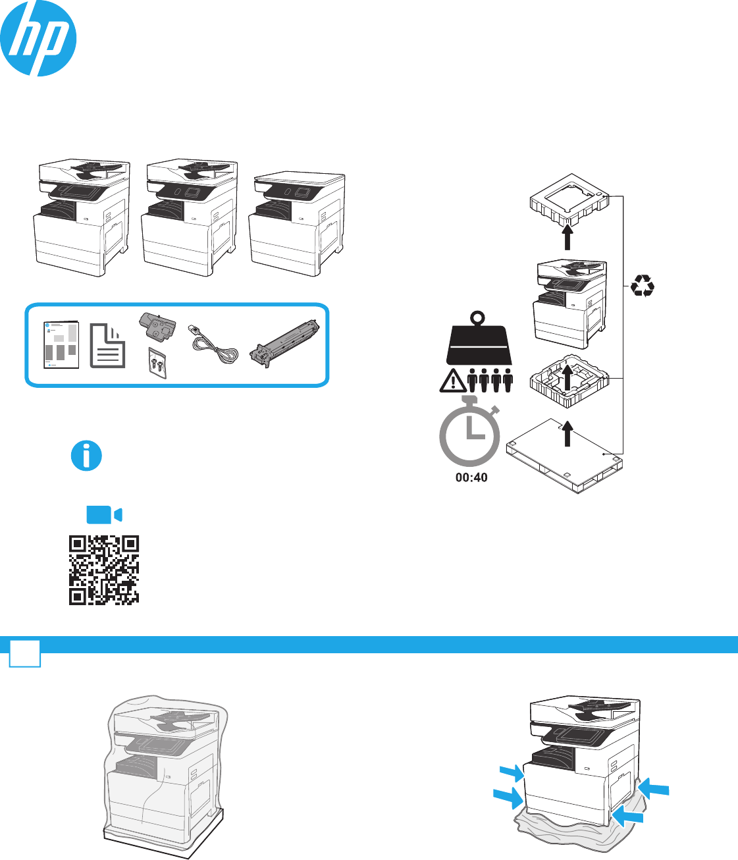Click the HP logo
click(x=38, y=38)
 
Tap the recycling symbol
click(x=642, y=286)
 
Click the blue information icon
click(x=86, y=456)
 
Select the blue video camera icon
click(x=104, y=514)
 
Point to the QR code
click(x=104, y=570)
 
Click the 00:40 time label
click(x=471, y=477)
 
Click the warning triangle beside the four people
click(x=452, y=382)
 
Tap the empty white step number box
click(x=25, y=653)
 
